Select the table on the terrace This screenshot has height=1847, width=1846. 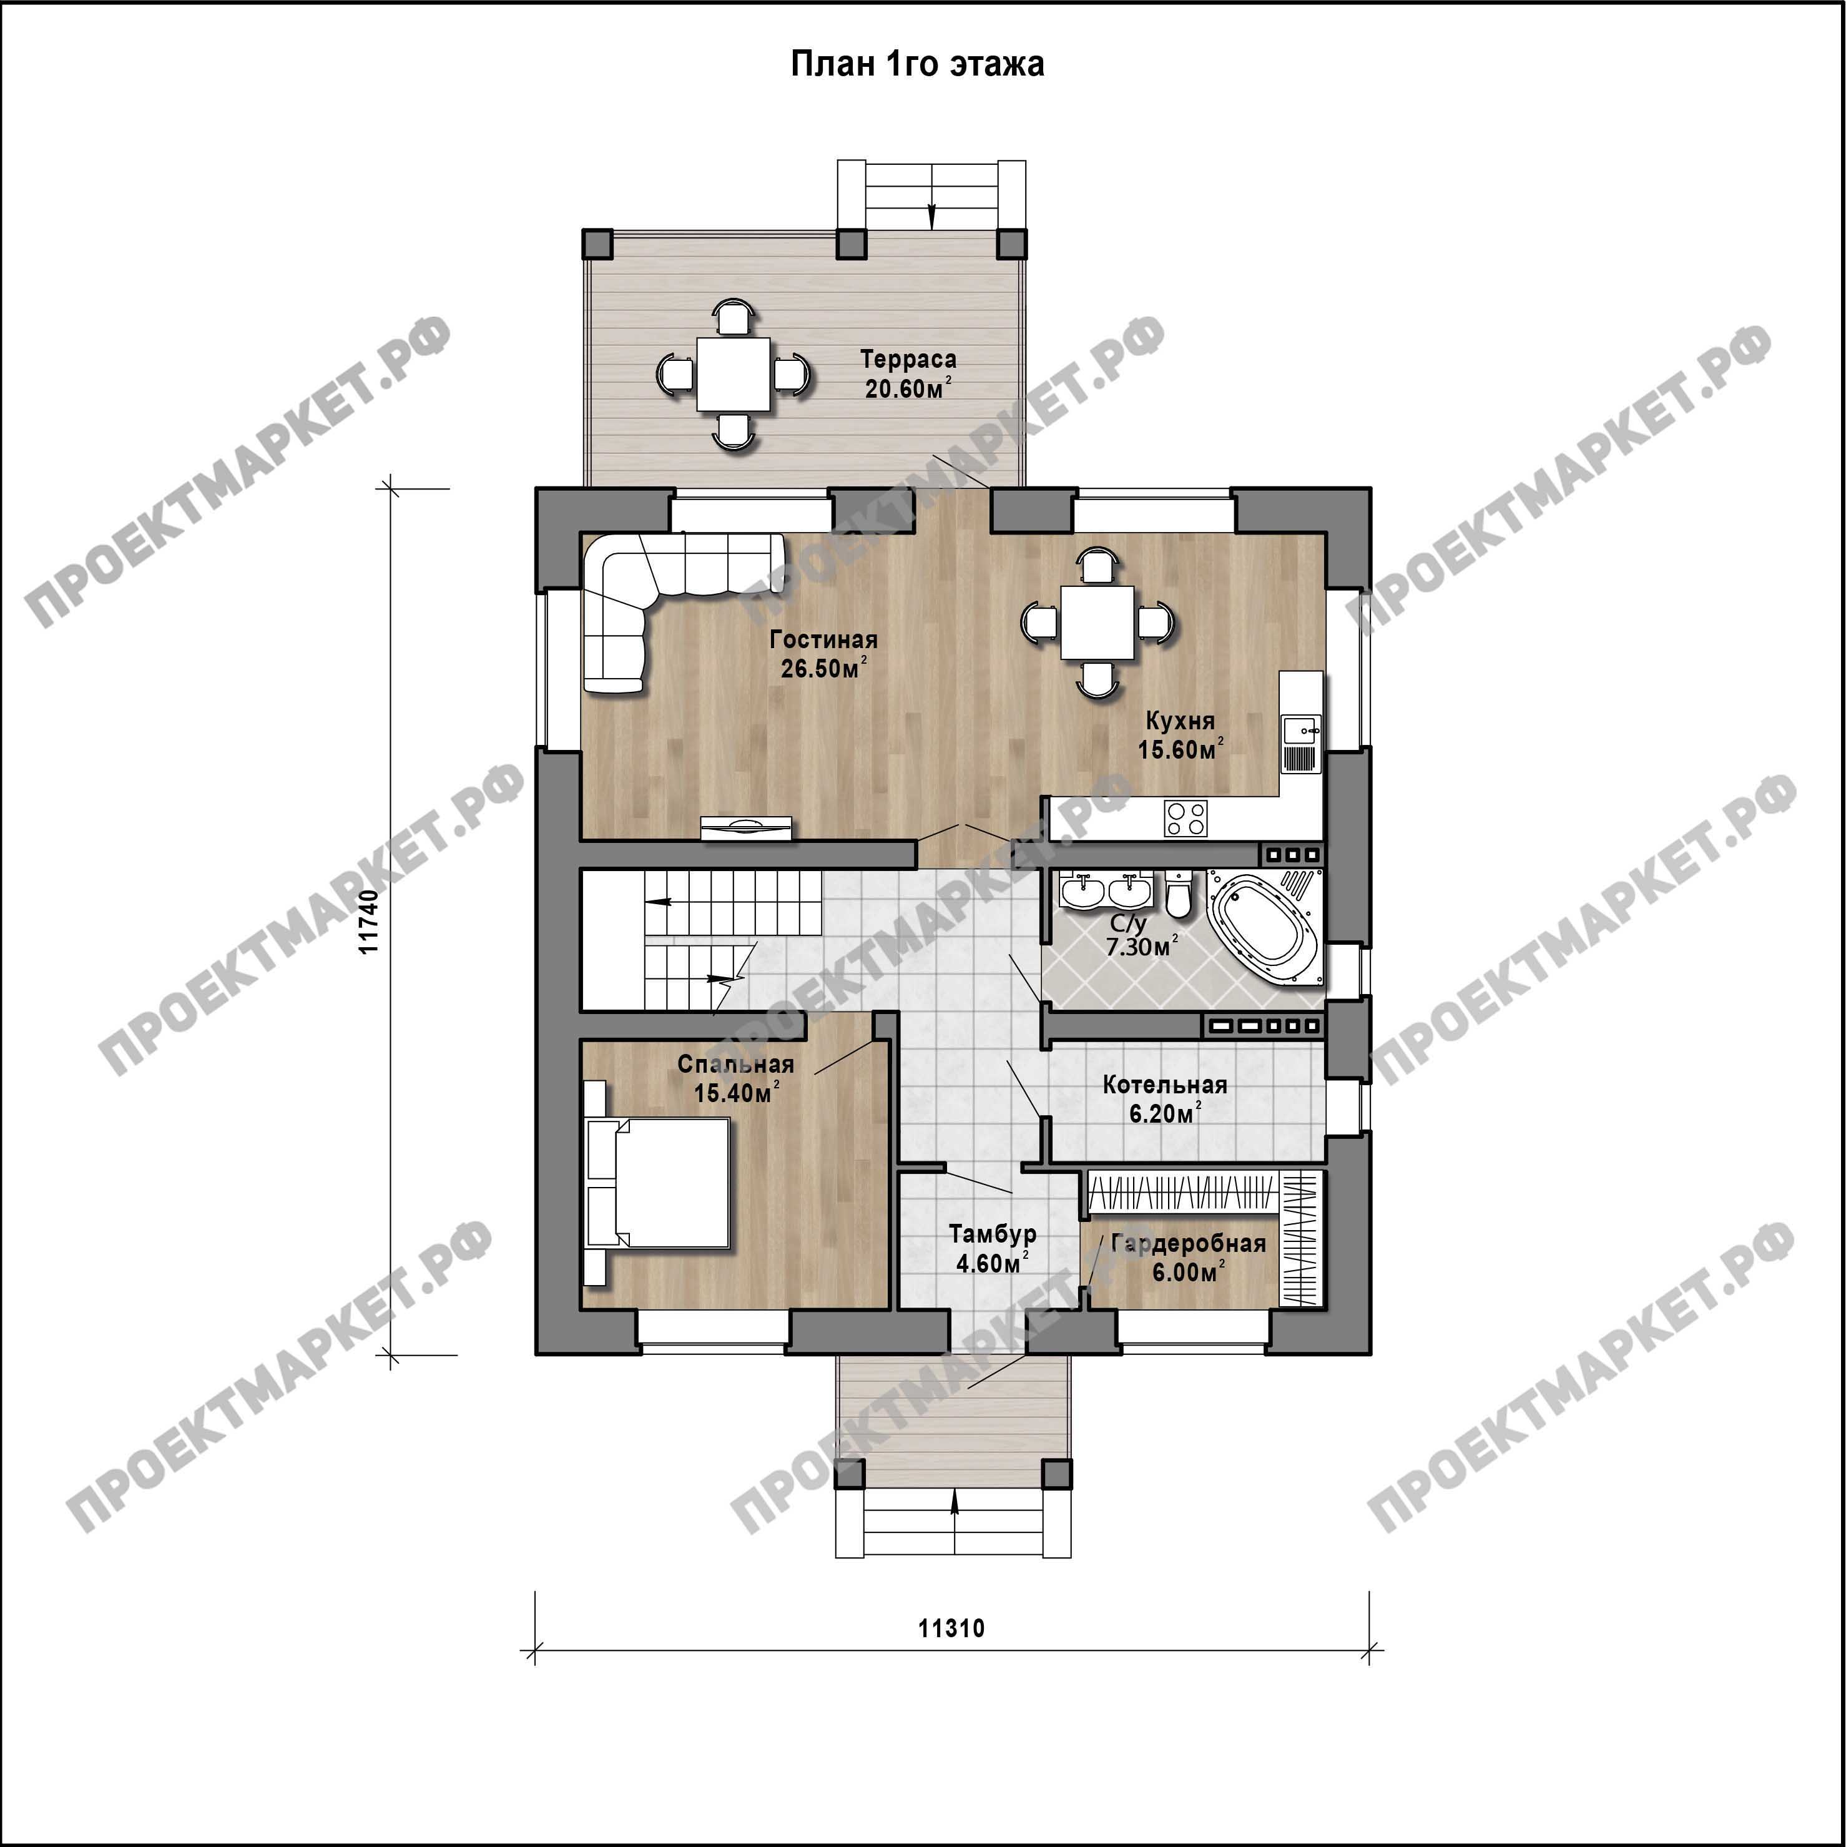[734, 374]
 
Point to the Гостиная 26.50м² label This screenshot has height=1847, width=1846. [823, 654]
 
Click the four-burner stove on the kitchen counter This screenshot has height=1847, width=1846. [1186, 819]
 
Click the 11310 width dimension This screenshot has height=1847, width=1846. [951, 1627]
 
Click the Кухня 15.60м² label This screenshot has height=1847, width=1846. [1180, 735]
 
